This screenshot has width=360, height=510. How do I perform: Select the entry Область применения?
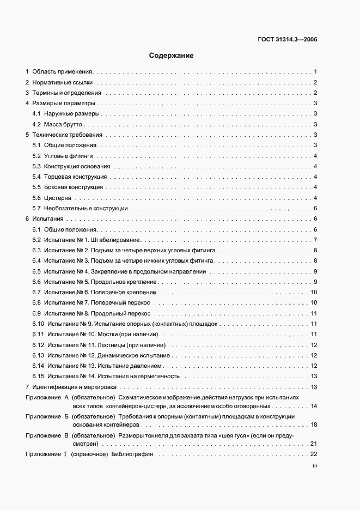pos(63,71)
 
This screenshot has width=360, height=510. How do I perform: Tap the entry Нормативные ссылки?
pos(62,83)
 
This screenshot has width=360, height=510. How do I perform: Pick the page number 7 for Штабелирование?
pos(315,240)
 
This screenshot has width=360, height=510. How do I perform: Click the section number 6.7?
pos(36,293)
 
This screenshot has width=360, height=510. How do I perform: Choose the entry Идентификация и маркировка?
pos(75,387)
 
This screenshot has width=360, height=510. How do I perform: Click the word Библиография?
pos(136,454)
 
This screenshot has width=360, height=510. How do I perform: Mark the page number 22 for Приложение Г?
pos(314,454)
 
